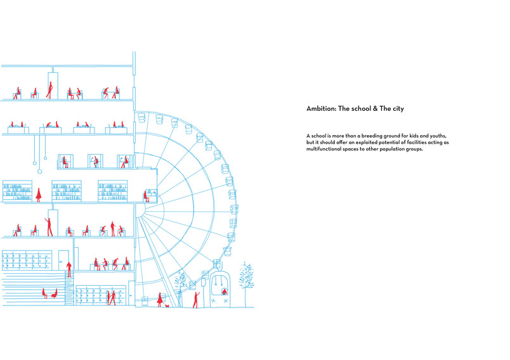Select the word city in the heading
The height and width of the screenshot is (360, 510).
398,109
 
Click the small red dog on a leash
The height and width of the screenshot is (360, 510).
167,305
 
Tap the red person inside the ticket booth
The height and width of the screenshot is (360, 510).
225,292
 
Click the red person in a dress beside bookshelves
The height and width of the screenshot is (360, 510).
39,195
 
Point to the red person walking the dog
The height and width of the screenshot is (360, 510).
160,300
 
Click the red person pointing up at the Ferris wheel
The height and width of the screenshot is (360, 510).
195,300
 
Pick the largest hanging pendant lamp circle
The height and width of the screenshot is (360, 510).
40,171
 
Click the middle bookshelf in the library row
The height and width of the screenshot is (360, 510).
67,191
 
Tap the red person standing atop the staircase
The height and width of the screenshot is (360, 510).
69,269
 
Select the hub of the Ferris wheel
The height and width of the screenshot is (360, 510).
141,210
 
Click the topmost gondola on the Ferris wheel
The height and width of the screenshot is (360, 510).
141,117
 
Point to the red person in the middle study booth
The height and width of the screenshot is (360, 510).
96,162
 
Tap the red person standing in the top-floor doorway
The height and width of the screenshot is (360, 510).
49,90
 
